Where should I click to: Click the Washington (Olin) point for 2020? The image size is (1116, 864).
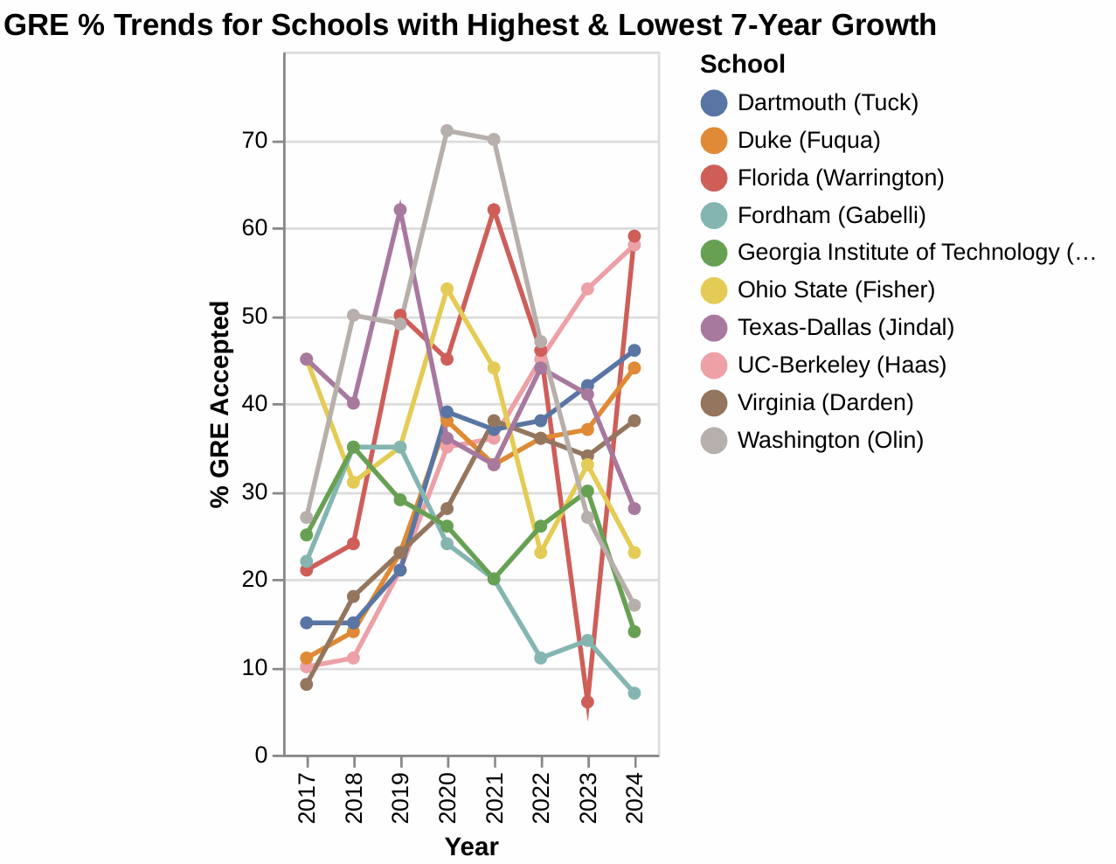tap(447, 131)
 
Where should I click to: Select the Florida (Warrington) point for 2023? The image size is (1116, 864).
tap(588, 702)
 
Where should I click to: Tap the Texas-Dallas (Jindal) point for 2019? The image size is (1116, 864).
tap(400, 210)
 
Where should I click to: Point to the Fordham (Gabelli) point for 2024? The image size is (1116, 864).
tap(634, 693)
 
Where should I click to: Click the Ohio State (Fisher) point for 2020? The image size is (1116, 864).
tap(447, 289)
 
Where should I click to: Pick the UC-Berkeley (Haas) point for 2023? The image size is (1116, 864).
tap(588, 289)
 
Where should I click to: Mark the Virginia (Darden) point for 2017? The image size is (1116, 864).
tap(307, 685)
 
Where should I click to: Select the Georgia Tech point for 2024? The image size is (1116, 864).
tap(634, 632)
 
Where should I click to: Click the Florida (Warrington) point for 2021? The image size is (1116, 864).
tap(494, 210)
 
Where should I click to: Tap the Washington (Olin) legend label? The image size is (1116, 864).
tap(830, 441)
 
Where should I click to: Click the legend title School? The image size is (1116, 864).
tap(743, 65)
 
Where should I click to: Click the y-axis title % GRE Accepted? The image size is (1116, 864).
tap(220, 404)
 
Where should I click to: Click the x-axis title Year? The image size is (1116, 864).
tap(471, 847)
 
